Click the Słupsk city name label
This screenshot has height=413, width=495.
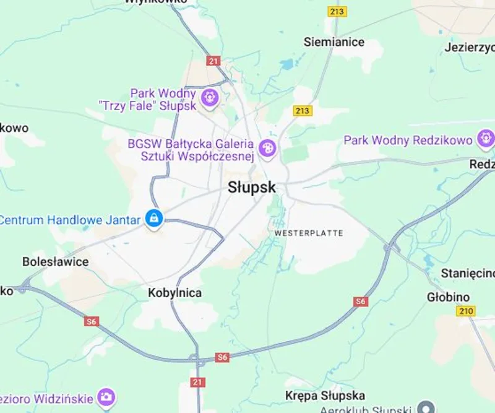(x=252, y=188)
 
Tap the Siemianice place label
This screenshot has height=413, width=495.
(x=334, y=42)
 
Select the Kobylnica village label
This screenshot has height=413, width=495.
(x=175, y=293)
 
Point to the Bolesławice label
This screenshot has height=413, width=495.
(x=56, y=261)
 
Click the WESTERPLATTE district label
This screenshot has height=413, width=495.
(x=308, y=233)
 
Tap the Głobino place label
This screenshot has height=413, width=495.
(x=445, y=297)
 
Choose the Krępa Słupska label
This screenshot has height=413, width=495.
(x=325, y=396)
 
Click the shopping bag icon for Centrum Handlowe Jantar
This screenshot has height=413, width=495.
(x=153, y=218)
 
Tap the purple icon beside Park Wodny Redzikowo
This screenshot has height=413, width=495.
(x=486, y=138)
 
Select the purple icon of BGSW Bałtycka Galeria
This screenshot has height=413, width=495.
(x=267, y=147)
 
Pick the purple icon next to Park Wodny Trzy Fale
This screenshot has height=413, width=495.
(x=210, y=97)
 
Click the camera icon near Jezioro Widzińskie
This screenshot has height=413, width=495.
(x=107, y=396)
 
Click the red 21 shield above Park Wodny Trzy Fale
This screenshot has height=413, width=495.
(x=214, y=61)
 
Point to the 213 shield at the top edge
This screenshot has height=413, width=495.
(x=337, y=11)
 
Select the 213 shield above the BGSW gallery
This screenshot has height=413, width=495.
(x=302, y=111)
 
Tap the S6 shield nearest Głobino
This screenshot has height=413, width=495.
(x=361, y=302)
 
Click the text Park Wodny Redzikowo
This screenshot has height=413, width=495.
(x=408, y=140)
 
